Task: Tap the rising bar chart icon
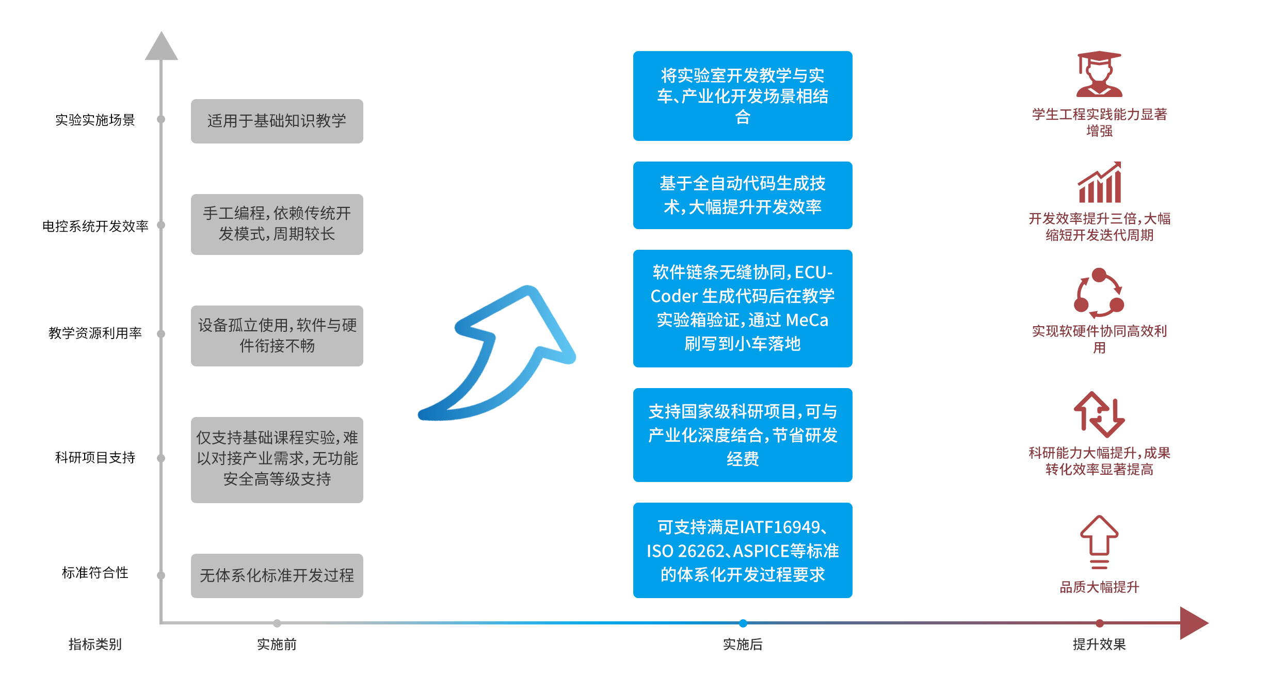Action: tap(1099, 183)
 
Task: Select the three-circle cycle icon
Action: tap(1099, 293)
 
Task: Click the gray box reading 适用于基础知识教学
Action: tap(277, 121)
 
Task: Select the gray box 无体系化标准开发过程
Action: tap(277, 575)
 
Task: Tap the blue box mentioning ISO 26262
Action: tap(742, 550)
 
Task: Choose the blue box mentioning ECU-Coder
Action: tap(742, 308)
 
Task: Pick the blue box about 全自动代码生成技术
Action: tap(742, 195)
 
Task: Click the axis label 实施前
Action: tap(277, 644)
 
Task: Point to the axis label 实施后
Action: tap(742, 644)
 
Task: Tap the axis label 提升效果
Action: tap(1099, 644)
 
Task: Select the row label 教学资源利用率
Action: tap(95, 333)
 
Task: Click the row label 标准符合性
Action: tap(95, 572)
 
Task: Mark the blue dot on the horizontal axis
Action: tap(743, 623)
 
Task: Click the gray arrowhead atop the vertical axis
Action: tap(161, 46)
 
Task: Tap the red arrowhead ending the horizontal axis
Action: tap(1193, 623)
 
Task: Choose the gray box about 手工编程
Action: tap(277, 224)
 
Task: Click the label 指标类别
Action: tap(95, 644)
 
